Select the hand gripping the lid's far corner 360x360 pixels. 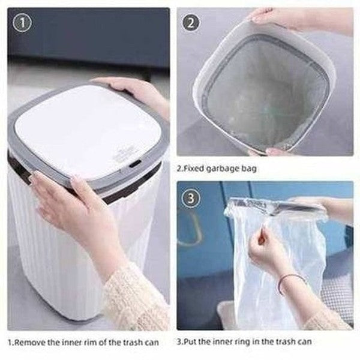pos(135,90)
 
